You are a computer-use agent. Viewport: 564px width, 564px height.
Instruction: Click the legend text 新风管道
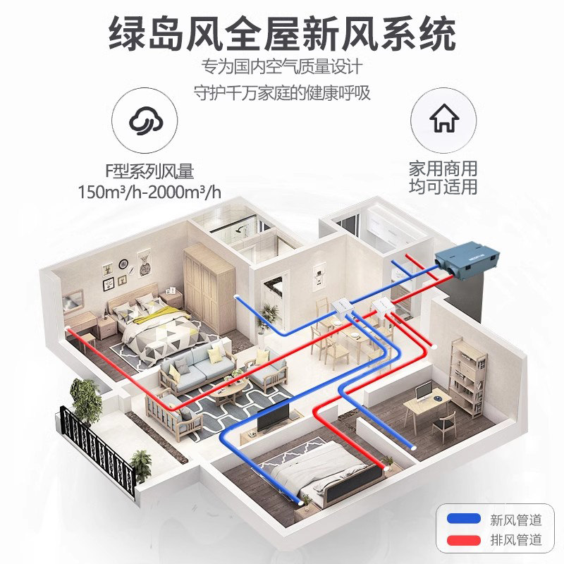516,520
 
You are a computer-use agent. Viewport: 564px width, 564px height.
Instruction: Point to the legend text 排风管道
516,541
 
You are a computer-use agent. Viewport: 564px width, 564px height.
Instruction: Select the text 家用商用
443,169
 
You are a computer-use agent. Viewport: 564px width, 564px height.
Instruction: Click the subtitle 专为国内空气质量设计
282,68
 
